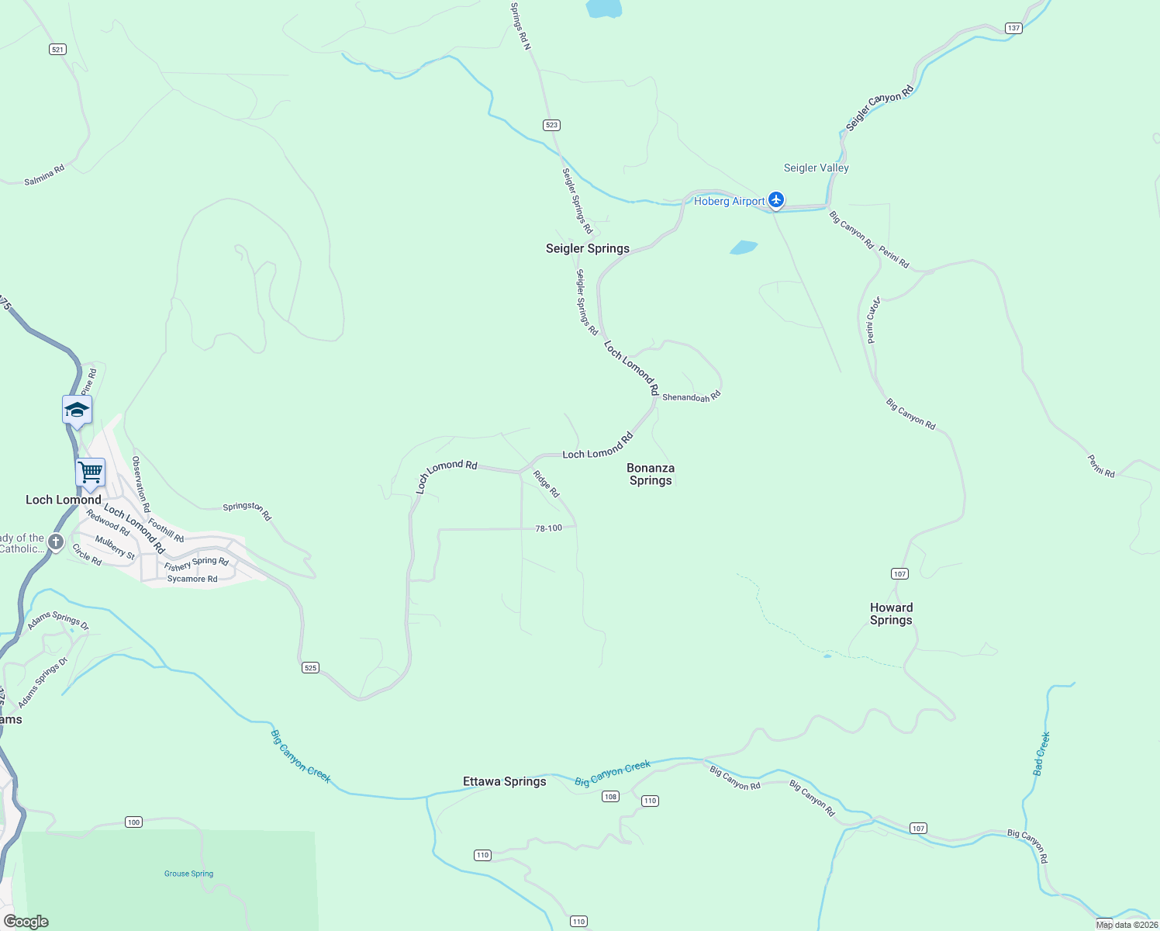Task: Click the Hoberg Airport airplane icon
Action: (775, 200)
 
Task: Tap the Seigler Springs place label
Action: (587, 248)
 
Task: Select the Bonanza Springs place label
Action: (651, 474)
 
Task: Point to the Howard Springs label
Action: (891, 614)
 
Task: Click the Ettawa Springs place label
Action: (504, 781)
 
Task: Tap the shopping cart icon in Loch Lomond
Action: (91, 471)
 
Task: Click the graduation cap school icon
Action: (77, 409)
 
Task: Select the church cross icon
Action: (56, 542)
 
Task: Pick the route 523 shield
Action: (551, 125)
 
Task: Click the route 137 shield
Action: (1013, 28)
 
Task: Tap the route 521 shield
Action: (57, 50)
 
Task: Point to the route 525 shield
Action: (310, 667)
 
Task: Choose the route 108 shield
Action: (610, 796)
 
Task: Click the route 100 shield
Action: (133, 822)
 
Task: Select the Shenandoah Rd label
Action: (692, 396)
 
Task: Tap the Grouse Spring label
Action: (188, 874)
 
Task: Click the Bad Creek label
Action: (1041, 753)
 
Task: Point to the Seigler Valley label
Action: (816, 168)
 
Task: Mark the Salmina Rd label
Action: (44, 175)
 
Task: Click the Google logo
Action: (26, 922)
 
